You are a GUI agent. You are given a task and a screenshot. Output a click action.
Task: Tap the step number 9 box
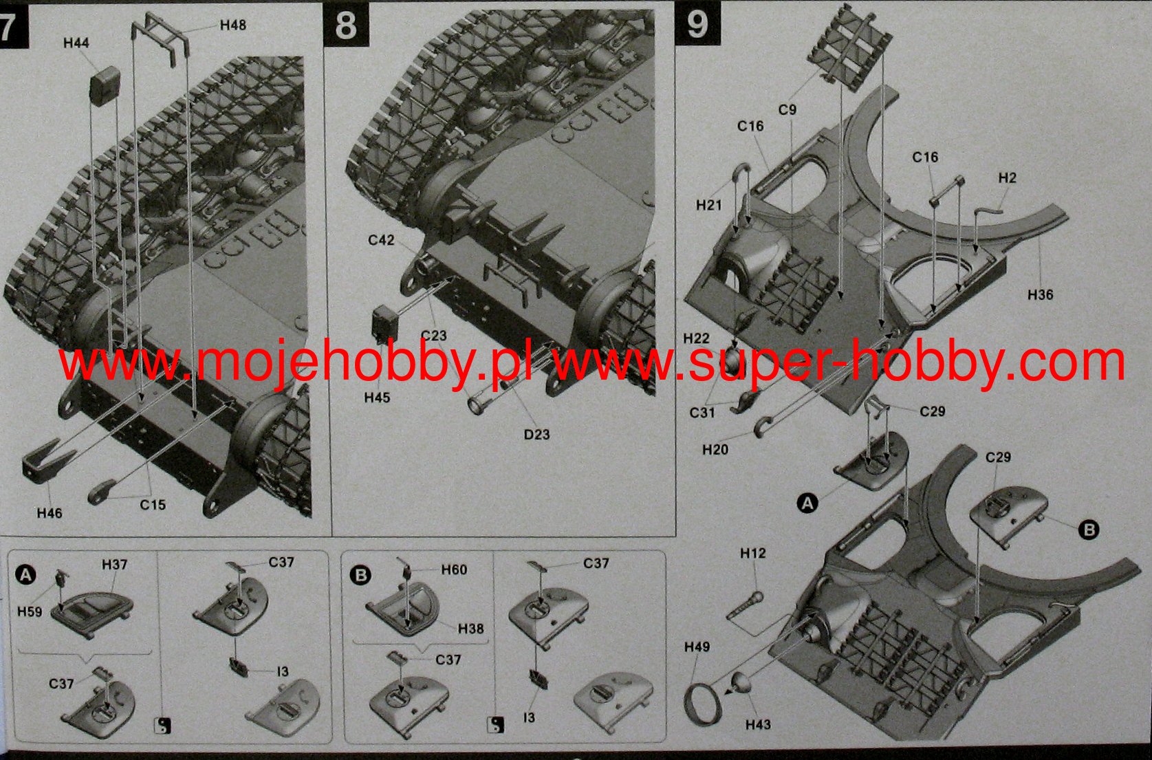(x=697, y=23)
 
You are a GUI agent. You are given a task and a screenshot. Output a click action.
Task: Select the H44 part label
(x=76, y=43)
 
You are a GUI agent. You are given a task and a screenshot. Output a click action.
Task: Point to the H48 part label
(x=233, y=25)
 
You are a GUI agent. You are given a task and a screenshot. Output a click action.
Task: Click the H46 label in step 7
(x=50, y=512)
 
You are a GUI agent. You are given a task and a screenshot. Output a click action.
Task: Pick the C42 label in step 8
(x=381, y=240)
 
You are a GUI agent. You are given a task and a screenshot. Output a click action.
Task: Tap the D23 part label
(x=537, y=435)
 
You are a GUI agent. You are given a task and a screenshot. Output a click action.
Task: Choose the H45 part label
(x=377, y=398)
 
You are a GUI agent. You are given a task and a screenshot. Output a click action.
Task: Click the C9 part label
(x=787, y=109)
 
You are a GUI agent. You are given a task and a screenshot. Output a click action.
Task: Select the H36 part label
(x=1041, y=294)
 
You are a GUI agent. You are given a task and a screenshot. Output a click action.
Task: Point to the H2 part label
(x=1008, y=178)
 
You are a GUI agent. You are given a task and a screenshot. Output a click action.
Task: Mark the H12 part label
(x=753, y=553)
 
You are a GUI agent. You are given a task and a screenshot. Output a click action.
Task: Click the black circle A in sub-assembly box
(x=25, y=574)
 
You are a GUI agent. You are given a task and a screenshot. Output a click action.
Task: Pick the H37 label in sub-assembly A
(x=114, y=565)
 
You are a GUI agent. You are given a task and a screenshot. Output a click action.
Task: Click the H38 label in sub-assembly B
(x=471, y=629)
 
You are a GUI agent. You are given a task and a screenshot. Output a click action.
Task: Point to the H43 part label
(x=758, y=724)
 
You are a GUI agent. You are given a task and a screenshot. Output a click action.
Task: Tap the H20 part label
(x=715, y=450)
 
